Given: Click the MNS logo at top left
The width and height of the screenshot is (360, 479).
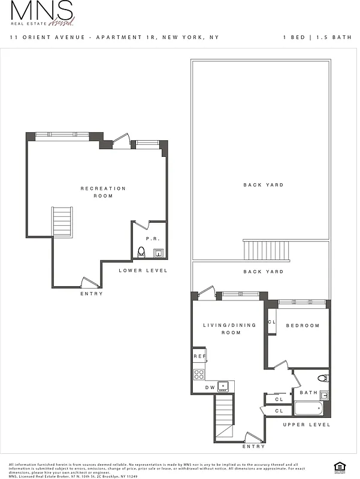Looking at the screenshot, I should tap(42, 13).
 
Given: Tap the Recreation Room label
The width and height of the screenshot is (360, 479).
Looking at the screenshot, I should tap(103, 192).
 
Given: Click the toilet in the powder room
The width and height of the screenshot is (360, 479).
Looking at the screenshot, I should tap(141, 252).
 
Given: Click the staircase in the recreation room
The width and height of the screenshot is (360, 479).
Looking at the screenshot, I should tap(62, 222).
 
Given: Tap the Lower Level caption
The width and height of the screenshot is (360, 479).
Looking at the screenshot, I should tap(143, 271).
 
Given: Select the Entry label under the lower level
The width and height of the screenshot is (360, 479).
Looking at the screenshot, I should tap(92, 293).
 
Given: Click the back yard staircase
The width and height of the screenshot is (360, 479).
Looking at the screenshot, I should tap(266, 250).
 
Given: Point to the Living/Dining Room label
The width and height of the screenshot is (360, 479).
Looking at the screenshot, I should tap(229, 329).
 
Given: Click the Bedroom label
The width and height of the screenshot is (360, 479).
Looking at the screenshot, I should tap(302, 326).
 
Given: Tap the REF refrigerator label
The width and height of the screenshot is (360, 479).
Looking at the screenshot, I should tap(199, 357).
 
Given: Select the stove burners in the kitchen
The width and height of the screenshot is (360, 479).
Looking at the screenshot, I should tap(199, 374).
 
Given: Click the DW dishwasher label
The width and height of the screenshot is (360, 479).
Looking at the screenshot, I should tap(210, 387).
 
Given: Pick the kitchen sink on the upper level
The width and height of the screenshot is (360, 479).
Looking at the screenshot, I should tap(223, 386).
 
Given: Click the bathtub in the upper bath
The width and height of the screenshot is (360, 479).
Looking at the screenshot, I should tap(308, 409).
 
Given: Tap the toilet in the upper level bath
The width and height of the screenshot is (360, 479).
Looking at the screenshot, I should tap(323, 378).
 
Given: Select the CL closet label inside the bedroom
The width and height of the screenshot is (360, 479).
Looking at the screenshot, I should tap(271, 322).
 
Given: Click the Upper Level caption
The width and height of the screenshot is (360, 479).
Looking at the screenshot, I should tap(307, 425).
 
